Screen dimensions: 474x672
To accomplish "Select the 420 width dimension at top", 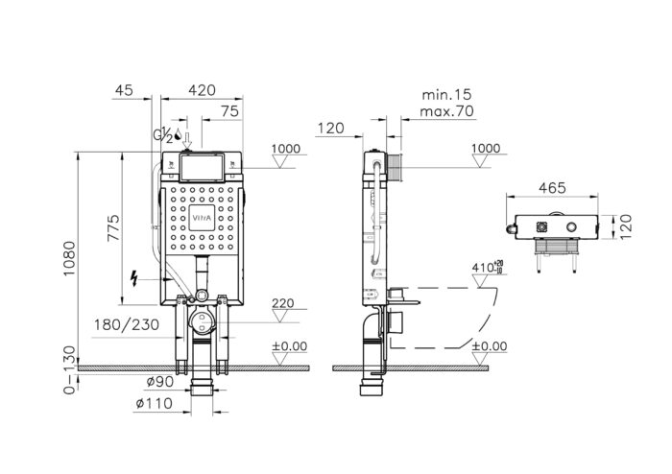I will (x=201, y=90).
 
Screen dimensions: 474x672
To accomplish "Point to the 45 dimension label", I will (x=124, y=90).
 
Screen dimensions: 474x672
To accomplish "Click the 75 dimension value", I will (x=229, y=111).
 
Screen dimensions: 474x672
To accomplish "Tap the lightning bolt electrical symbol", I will (x=135, y=279).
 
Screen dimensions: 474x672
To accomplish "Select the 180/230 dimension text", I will (x=127, y=324).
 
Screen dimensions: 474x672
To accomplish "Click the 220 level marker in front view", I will (x=282, y=303).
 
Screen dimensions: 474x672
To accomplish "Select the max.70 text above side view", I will (x=447, y=112).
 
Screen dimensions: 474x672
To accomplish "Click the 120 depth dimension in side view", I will (x=331, y=128).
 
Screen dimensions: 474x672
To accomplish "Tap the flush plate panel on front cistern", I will (x=201, y=169).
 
